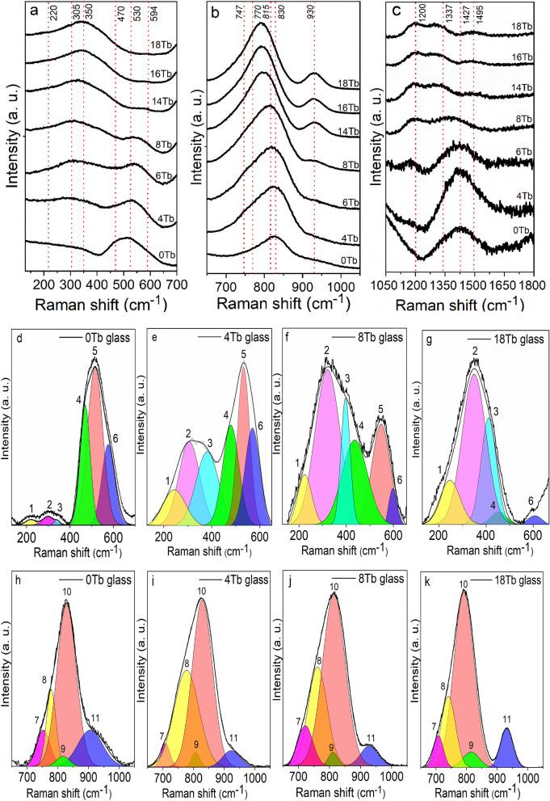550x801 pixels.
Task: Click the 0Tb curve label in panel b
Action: click(348, 260)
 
